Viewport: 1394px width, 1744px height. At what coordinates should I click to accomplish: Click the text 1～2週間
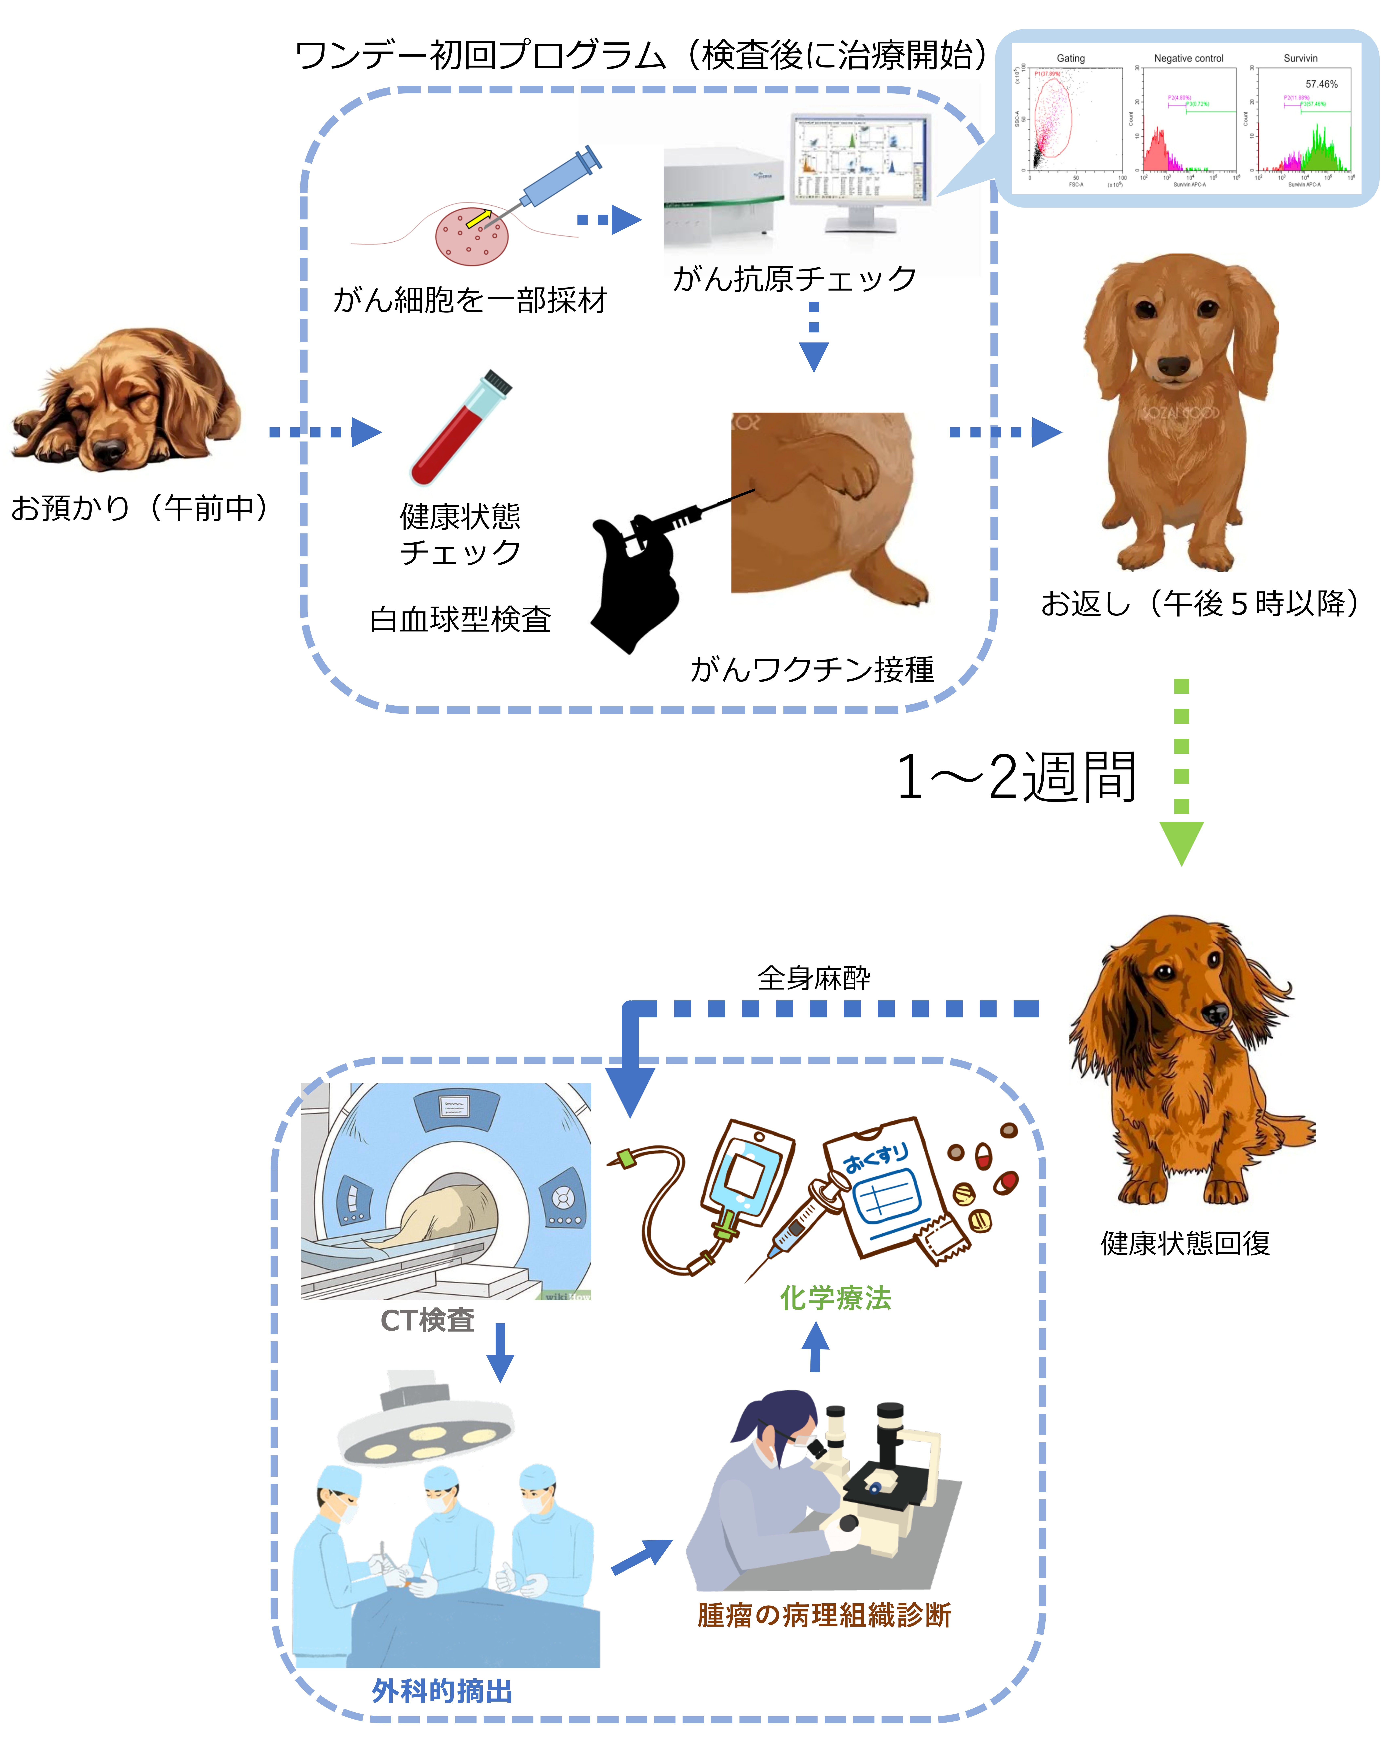tap(1016, 777)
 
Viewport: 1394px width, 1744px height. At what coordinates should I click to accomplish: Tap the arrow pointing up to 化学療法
tap(815, 1347)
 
